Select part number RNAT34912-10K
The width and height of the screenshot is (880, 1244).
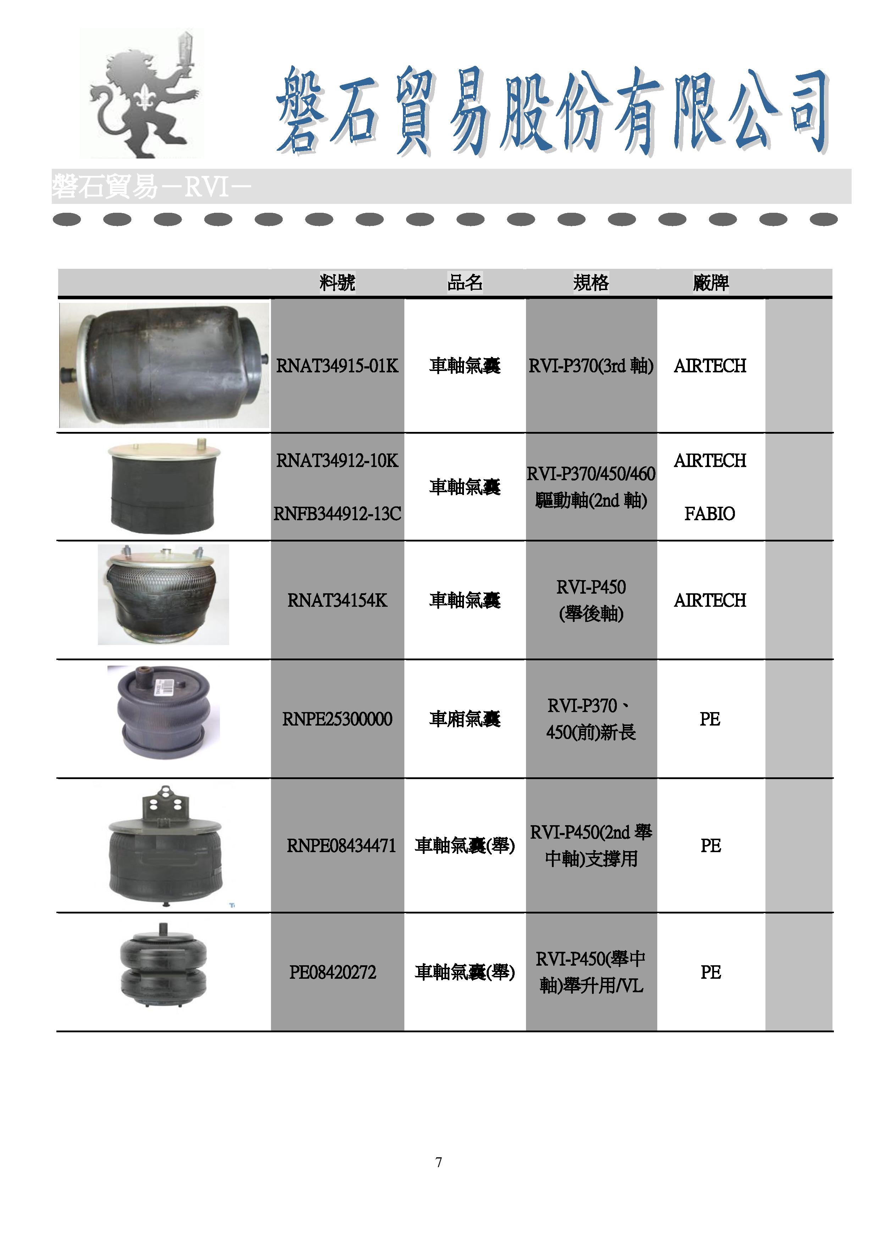337,461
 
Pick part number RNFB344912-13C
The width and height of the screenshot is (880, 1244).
337,513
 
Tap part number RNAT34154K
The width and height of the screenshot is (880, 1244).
337,601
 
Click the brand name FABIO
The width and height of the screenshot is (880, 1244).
710,513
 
